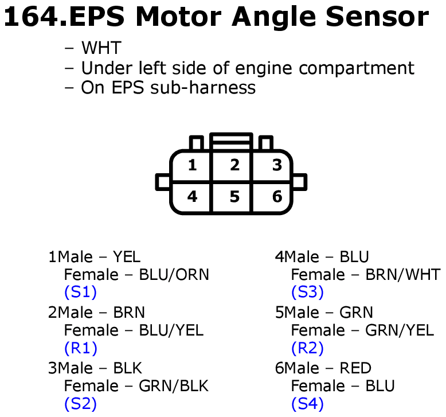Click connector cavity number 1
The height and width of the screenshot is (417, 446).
[192, 166]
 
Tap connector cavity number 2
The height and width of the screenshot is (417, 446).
[234, 166]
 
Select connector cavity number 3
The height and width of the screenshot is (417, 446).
[277, 166]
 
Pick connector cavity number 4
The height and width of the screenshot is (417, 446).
[192, 197]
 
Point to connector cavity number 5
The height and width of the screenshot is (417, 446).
[234, 197]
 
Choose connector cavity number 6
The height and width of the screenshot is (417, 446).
[277, 197]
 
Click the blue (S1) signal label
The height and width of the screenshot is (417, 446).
[80, 293]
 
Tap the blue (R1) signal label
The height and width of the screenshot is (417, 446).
[80, 348]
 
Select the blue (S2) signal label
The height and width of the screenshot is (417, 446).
[80, 404]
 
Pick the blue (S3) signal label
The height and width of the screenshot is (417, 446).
[307, 293]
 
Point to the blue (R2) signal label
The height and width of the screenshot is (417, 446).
[307, 348]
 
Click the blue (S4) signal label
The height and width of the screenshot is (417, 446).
[307, 404]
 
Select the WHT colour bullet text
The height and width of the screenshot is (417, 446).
[101, 48]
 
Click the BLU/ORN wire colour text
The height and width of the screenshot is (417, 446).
[174, 275]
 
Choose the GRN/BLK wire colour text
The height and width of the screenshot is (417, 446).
[174, 386]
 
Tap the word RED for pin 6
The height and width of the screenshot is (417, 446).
[355, 368]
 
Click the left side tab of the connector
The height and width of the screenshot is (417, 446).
[162, 182]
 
